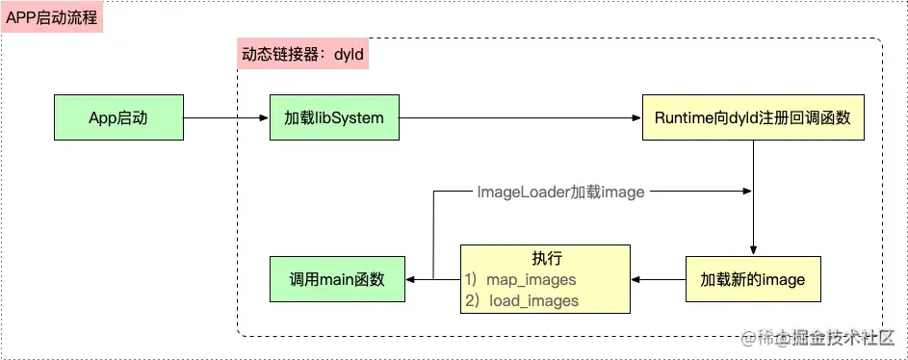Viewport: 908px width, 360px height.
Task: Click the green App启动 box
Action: click(x=118, y=117)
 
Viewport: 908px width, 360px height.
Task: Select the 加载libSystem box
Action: click(x=334, y=117)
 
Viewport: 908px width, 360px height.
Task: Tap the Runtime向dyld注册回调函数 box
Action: click(x=752, y=117)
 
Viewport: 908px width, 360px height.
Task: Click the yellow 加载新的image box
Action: click(x=752, y=280)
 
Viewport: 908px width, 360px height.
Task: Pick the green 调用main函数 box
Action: click(x=337, y=280)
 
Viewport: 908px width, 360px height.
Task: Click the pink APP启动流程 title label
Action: click(x=52, y=17)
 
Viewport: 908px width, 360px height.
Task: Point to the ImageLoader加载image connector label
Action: click(x=560, y=193)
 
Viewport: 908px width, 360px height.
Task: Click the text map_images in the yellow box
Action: click(x=531, y=280)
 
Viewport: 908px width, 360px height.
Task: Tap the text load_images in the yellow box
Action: click(x=533, y=300)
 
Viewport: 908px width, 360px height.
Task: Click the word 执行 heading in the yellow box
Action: click(x=546, y=259)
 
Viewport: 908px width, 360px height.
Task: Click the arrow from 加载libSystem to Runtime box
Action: click(x=520, y=118)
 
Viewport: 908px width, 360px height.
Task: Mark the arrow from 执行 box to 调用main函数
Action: click(x=432, y=280)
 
